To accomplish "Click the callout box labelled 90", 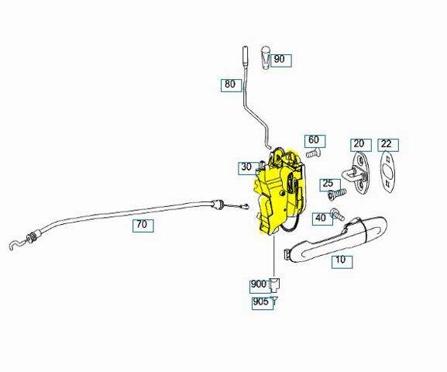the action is click(x=281, y=60).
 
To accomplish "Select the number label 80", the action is click(x=231, y=85).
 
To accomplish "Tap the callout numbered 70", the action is click(x=143, y=226).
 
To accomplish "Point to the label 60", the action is click(x=315, y=141).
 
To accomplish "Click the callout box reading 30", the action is click(x=249, y=168).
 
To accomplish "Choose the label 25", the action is click(x=330, y=185).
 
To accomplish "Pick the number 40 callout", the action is click(x=322, y=219).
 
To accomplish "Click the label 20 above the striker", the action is click(x=361, y=145).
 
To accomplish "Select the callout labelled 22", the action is click(x=388, y=145).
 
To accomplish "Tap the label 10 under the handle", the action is click(x=342, y=262).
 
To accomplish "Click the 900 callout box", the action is click(x=260, y=287).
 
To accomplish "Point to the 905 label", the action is click(x=263, y=303).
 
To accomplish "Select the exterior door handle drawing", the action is click(x=336, y=239).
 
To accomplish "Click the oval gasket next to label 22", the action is click(x=388, y=172).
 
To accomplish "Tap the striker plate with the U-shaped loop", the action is click(x=358, y=173).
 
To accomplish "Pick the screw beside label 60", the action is click(x=313, y=153).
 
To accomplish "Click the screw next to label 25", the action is click(x=338, y=194).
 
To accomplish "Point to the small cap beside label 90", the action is click(x=266, y=57).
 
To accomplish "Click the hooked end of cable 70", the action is click(x=15, y=245).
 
